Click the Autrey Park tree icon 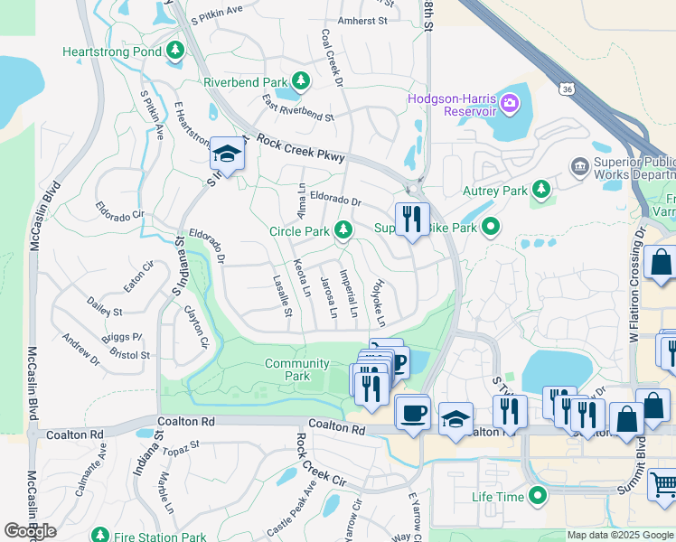(x=541, y=190)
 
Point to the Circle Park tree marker (x=343, y=231)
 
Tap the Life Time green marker (x=539, y=496)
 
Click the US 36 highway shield (x=566, y=89)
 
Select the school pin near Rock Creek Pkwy (x=227, y=154)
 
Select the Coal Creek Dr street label (x=332, y=58)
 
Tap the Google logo (x=30, y=531)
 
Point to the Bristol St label (x=131, y=355)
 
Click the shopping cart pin (x=662, y=485)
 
